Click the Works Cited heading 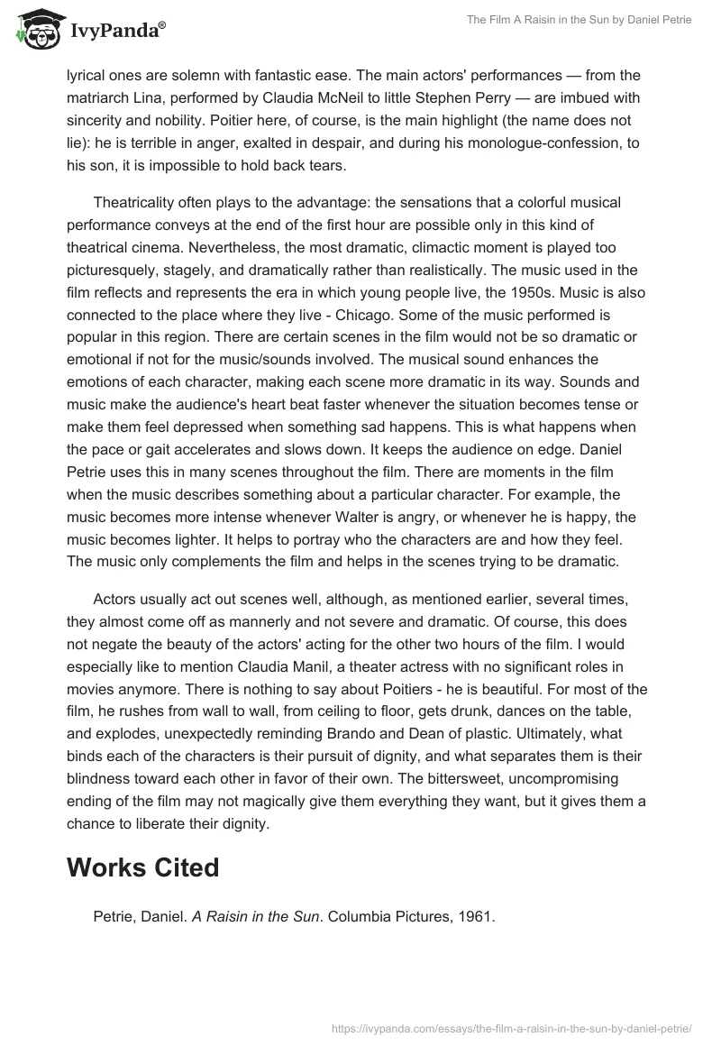142,867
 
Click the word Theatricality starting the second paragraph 137,204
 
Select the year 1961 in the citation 479,917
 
